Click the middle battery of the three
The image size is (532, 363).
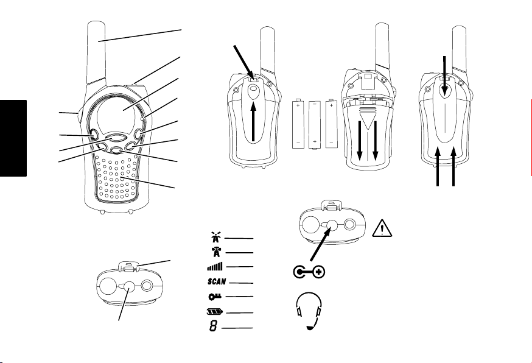click(315, 124)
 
